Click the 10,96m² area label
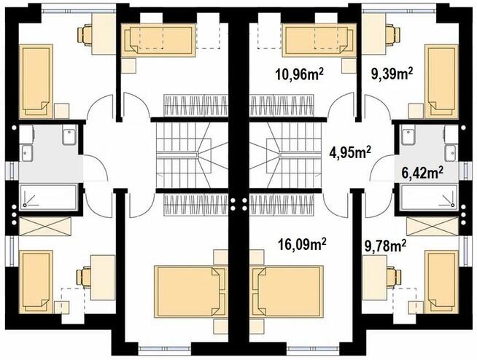point(300,74)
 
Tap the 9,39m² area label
point(392,73)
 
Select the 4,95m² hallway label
point(350,152)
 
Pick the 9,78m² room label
point(385,246)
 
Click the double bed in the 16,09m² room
point(286,292)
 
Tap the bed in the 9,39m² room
point(441,82)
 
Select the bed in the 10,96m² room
point(319,41)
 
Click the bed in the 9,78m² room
point(441,281)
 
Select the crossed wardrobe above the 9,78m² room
point(432,226)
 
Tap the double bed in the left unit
point(191,292)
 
